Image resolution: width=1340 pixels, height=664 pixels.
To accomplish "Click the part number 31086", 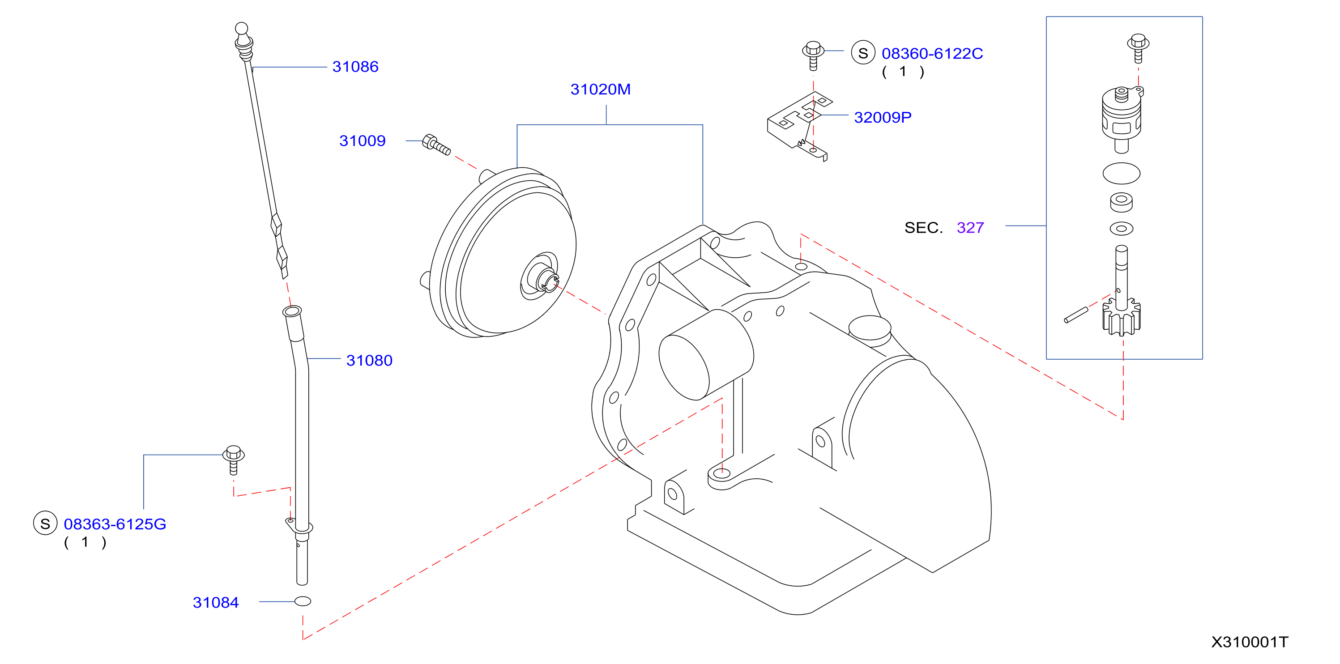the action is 355,67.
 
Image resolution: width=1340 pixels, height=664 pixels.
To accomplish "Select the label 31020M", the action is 600,89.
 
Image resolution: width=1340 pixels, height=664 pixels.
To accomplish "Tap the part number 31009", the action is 363,141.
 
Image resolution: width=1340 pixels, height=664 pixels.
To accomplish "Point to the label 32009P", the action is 883,118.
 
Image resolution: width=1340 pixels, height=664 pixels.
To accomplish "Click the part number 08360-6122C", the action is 932,54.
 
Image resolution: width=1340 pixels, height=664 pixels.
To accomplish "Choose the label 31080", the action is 369,360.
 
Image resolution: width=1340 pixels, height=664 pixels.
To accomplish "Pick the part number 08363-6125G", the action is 115,524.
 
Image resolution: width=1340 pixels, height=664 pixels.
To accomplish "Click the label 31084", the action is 215,602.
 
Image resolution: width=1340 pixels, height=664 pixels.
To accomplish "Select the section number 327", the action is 970,228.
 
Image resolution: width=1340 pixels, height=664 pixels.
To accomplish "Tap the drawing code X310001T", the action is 1250,642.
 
